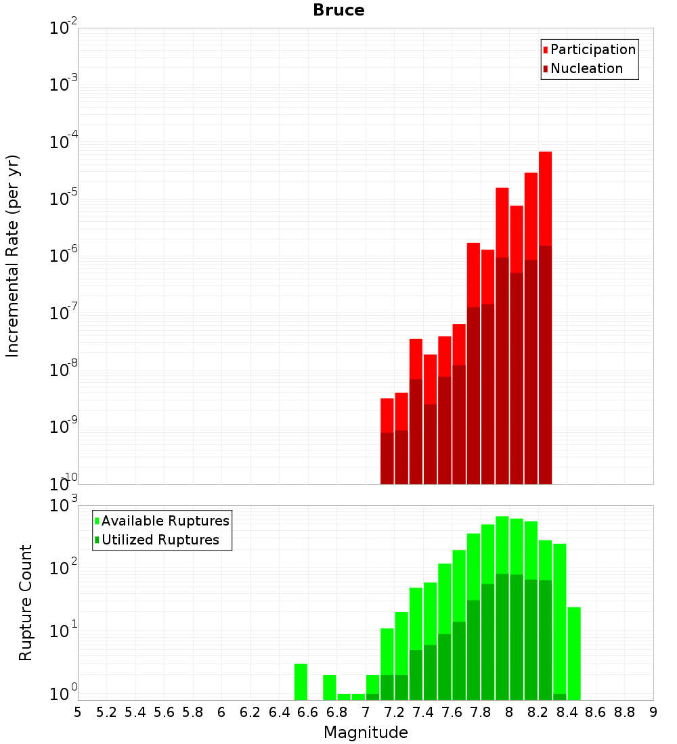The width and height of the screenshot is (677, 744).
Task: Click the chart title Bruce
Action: coord(338,11)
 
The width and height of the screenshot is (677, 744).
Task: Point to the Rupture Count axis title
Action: coord(26,603)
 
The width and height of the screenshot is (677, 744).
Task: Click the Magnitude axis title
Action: coord(366,733)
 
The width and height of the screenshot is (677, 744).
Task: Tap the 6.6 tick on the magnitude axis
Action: coord(308,712)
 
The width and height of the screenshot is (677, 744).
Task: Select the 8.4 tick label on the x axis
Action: coord(567,712)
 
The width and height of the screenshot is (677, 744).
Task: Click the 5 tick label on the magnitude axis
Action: coord(78,712)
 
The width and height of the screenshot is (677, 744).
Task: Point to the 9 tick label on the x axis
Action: coord(653,712)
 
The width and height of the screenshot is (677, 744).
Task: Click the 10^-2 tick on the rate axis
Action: coord(64,28)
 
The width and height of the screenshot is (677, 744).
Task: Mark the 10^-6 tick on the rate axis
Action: coord(64,256)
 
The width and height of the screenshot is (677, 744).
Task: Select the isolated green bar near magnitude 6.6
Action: coord(301,682)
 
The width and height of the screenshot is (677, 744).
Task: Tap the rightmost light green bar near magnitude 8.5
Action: coord(574,653)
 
